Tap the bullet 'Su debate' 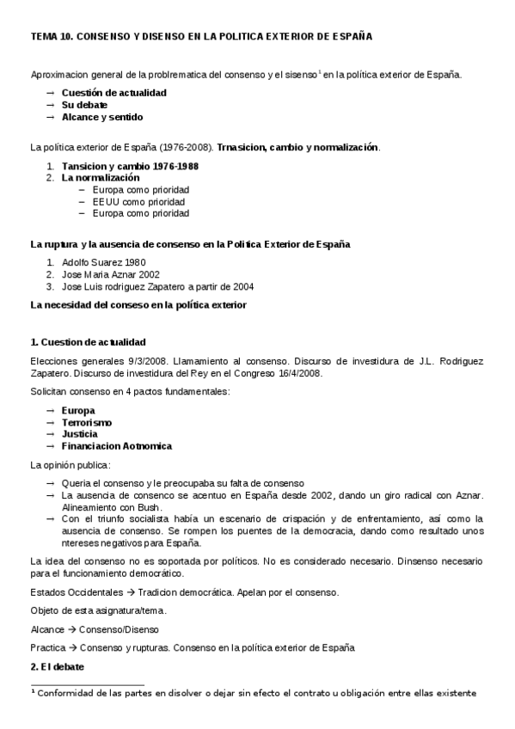pyautogui.click(x=83, y=104)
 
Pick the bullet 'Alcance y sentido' pyautogui.click(x=102, y=117)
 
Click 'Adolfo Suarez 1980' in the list pyautogui.click(x=103, y=261)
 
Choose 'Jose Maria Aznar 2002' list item pyautogui.click(x=110, y=274)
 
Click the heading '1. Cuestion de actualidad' pyautogui.click(x=88, y=342)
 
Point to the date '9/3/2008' pyautogui.click(x=130, y=361)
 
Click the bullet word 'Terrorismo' pyautogui.click(x=87, y=422)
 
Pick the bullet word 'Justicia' pyautogui.click(x=80, y=434)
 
